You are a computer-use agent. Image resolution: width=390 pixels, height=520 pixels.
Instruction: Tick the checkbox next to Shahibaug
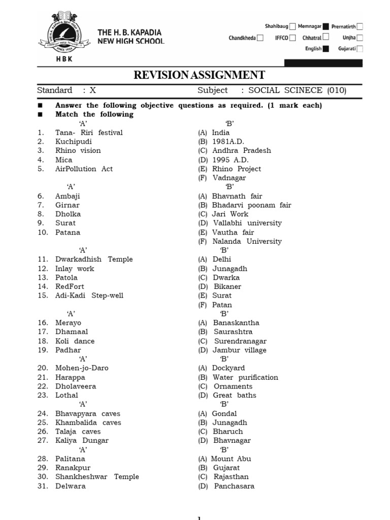(x=292, y=26)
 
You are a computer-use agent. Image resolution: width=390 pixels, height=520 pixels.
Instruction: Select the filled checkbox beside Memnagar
(x=326, y=26)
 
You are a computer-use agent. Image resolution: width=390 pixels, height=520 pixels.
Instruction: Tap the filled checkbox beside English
(x=326, y=49)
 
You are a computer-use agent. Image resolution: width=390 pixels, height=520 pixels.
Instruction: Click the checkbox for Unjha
(x=360, y=38)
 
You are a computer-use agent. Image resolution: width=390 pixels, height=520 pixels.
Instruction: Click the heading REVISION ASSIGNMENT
(x=199, y=75)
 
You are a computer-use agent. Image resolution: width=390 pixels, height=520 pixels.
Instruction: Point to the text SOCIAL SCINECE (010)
(x=297, y=90)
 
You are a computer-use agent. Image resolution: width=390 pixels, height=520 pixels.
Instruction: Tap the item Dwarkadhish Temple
(x=94, y=259)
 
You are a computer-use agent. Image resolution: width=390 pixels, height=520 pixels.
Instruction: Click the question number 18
(x=43, y=341)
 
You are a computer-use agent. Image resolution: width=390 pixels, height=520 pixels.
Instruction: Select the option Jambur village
(x=239, y=350)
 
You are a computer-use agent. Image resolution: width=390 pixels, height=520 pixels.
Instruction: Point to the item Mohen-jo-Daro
(x=82, y=368)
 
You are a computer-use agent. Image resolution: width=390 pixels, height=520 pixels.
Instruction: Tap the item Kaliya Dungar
(x=82, y=441)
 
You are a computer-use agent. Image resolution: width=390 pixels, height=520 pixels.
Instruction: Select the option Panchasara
(x=234, y=486)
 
